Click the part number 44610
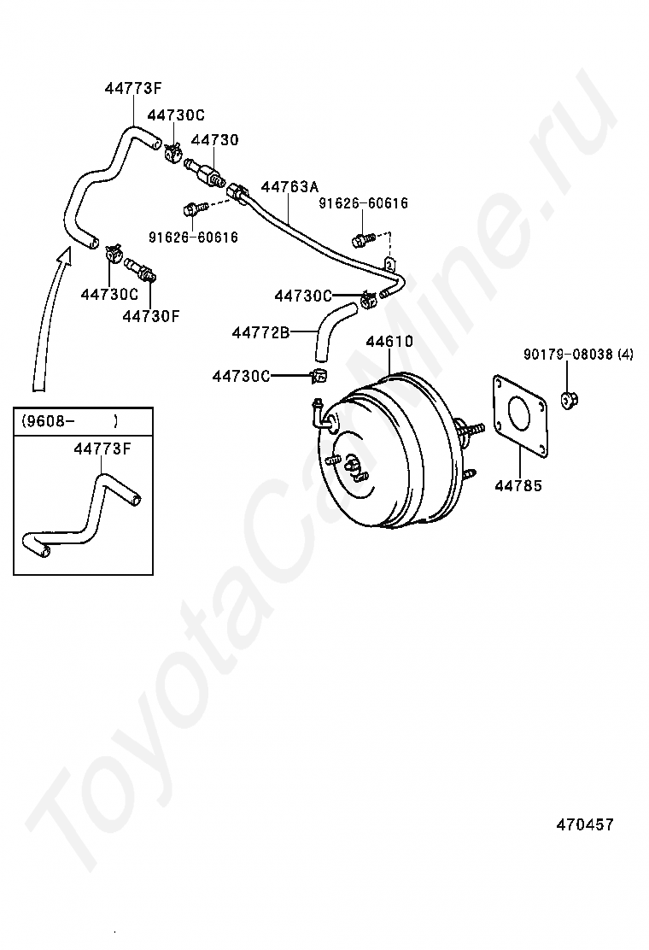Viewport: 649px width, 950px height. click(x=389, y=342)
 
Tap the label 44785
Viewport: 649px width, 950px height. click(x=518, y=486)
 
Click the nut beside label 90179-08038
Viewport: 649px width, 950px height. click(x=569, y=397)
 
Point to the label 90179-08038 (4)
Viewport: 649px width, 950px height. click(x=578, y=354)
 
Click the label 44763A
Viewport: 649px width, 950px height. click(x=289, y=186)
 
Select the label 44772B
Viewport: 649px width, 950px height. click(x=261, y=331)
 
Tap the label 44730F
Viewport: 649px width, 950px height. click(x=151, y=315)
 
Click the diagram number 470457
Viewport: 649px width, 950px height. click(x=585, y=824)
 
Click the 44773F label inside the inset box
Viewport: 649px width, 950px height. click(x=102, y=448)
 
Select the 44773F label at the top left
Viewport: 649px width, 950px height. click(x=134, y=87)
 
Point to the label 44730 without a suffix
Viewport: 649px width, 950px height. click(x=214, y=139)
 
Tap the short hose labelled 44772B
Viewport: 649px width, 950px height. click(x=329, y=329)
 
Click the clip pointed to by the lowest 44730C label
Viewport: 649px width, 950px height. click(x=318, y=376)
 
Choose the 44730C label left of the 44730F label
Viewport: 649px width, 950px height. click(x=109, y=294)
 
